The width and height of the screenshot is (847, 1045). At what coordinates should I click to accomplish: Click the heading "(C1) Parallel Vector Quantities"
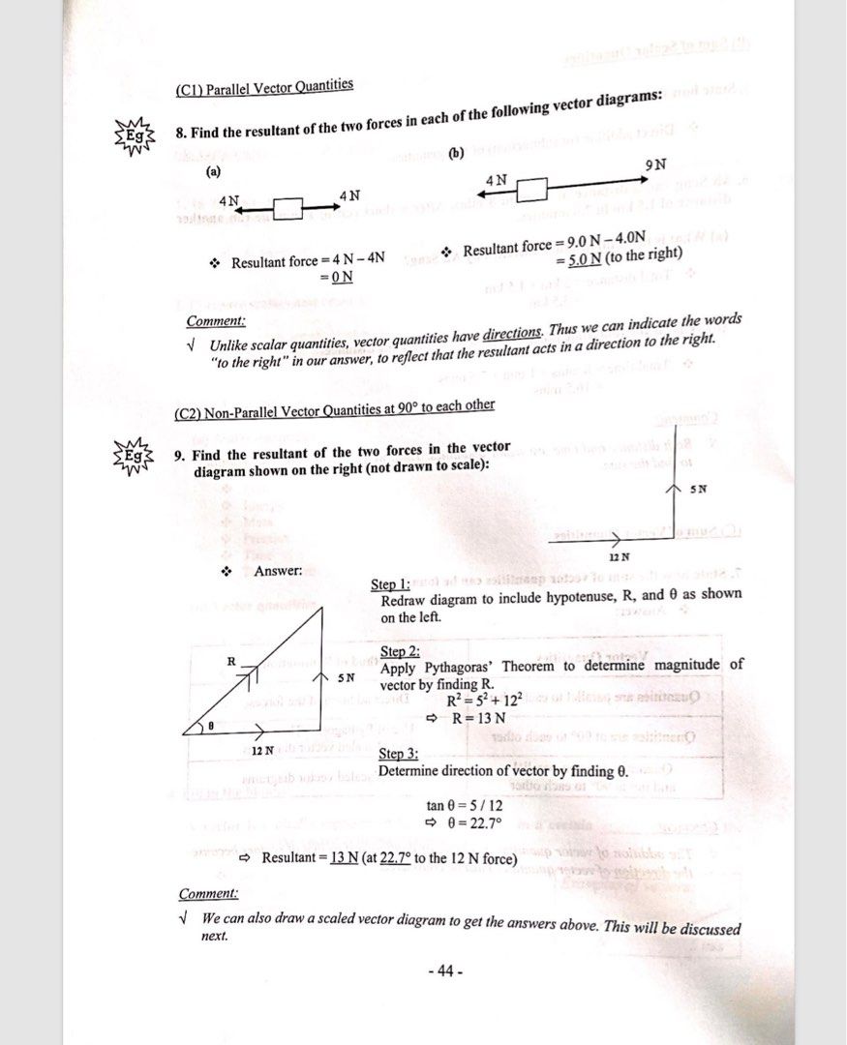tap(264, 88)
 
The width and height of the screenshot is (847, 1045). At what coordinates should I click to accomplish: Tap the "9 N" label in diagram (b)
tap(655, 164)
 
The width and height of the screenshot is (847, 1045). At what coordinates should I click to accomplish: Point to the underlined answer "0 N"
tap(342, 278)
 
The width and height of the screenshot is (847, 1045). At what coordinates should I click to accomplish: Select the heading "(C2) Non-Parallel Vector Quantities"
tap(334, 408)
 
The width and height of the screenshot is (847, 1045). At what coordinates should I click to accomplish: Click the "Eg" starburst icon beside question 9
tap(133, 456)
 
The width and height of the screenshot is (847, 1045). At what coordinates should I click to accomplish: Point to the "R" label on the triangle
tap(231, 660)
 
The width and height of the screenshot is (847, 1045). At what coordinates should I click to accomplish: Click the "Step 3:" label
tap(398, 754)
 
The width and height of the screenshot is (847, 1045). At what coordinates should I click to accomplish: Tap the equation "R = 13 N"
tap(479, 717)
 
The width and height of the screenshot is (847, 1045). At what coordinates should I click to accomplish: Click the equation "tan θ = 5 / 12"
tap(464, 805)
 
